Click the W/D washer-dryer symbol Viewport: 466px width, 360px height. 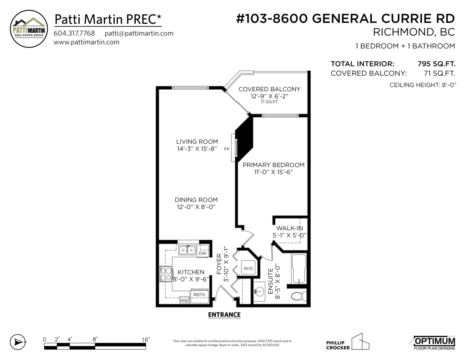pyautogui.click(x=248, y=268)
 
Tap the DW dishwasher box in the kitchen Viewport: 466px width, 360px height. pyautogui.click(x=202, y=253)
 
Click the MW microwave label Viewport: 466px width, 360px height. pyautogui.click(x=184, y=301)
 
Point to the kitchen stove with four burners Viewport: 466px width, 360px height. pyautogui.click(x=166, y=274)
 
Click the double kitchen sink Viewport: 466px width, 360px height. pyautogui.click(x=187, y=250)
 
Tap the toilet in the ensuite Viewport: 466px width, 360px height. pyautogui.click(x=299, y=296)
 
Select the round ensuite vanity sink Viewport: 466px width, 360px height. pyautogui.click(x=259, y=292)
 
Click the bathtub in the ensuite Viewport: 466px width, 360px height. pyautogui.click(x=299, y=269)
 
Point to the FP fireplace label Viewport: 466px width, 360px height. pyautogui.click(x=227, y=149)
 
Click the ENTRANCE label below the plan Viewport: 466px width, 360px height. pyautogui.click(x=224, y=315)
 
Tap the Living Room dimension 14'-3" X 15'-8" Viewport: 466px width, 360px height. pyautogui.click(x=197, y=149)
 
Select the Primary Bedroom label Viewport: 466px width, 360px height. pyautogui.click(x=273, y=165)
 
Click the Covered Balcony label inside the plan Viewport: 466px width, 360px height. pyautogui.click(x=270, y=89)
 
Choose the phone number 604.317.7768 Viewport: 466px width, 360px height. pyautogui.click(x=74, y=33)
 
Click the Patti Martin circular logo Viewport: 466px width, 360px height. pyautogui.click(x=29, y=29)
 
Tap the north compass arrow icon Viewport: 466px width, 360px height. pyautogui.click(x=18, y=342)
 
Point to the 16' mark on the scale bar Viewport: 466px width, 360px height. pyautogui.click(x=146, y=340)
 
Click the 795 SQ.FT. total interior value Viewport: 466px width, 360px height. pyautogui.click(x=436, y=64)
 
